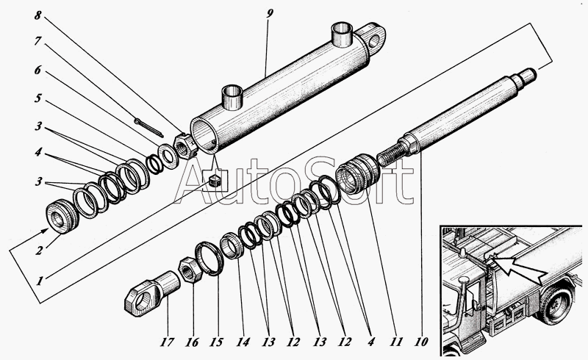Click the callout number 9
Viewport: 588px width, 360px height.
(x=268, y=15)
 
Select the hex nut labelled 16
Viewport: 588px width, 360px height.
(x=193, y=270)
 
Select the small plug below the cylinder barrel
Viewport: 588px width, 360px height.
(x=214, y=180)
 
